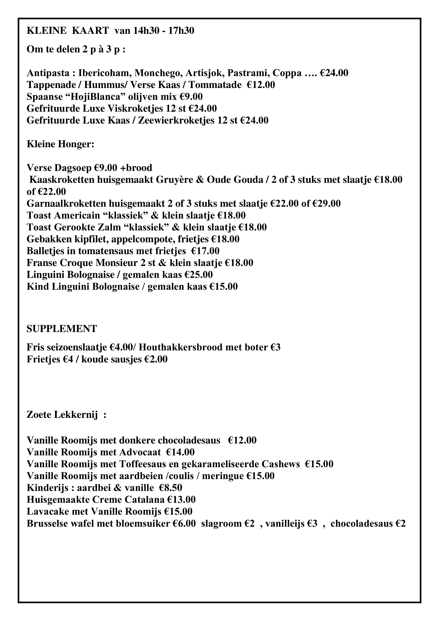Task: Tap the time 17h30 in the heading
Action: click(181, 31)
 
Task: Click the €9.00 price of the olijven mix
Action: click(191, 97)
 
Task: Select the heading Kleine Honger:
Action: click(60, 144)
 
